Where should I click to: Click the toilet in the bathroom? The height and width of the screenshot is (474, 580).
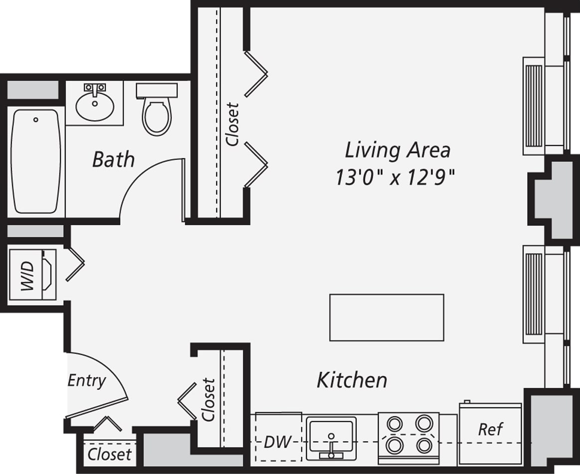click(157, 115)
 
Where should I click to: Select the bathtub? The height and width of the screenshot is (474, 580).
click(36, 162)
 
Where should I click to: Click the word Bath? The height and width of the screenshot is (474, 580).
click(114, 160)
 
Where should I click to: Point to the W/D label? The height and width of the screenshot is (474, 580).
click(27, 276)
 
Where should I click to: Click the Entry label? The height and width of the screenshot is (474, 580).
click(87, 381)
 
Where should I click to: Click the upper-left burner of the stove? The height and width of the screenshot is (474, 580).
click(395, 424)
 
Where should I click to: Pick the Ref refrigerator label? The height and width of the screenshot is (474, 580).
click(490, 429)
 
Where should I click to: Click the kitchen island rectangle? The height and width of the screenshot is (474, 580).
click(386, 317)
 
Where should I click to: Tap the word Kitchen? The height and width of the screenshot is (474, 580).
click(352, 380)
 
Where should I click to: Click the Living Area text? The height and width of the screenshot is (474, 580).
click(397, 150)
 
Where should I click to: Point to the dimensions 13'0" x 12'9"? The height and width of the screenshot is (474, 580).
click(396, 177)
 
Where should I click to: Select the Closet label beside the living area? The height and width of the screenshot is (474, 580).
click(233, 124)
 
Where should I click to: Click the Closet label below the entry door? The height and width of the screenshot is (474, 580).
click(110, 454)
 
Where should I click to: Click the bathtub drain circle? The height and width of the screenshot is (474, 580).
click(35, 120)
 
